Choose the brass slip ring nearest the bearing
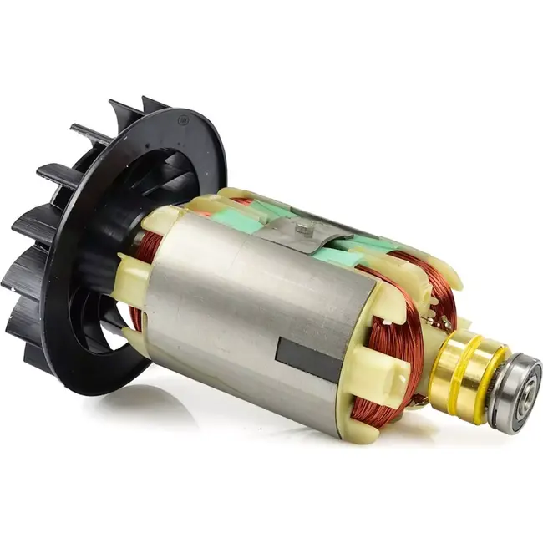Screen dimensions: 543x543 coord(483,378)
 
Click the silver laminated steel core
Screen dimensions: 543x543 coord(242,317)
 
